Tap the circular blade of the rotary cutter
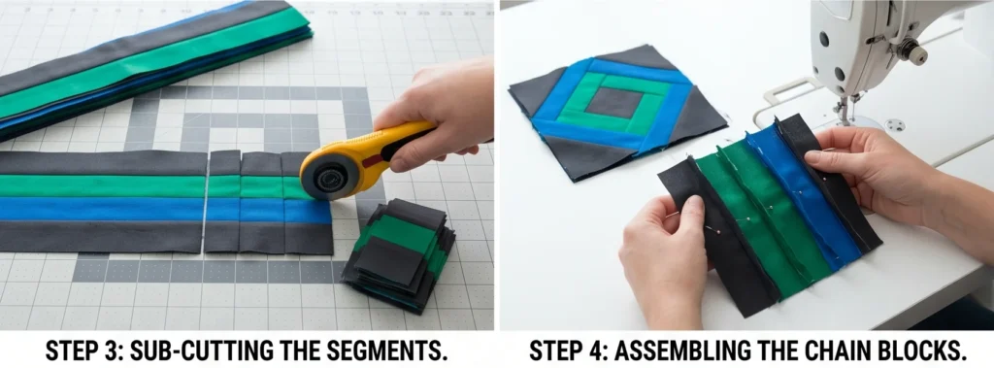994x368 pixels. pyautogui.click(x=327, y=176)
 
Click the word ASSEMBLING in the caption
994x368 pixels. pyautogui.click(x=674, y=351)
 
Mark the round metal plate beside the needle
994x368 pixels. pyautogui.click(x=895, y=125)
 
